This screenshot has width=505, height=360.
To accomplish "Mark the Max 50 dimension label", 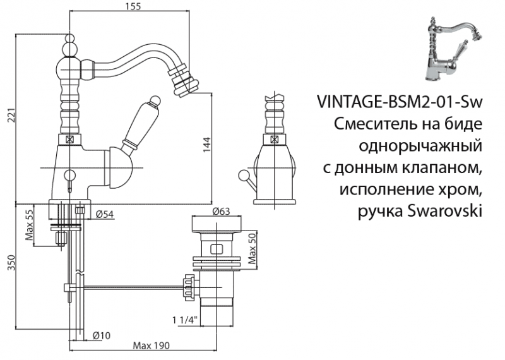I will click(x=251, y=248).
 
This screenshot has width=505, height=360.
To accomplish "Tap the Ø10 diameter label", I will click(x=101, y=335).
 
